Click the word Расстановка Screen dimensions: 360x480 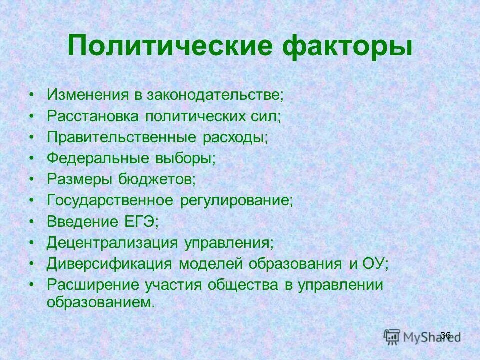[x=93, y=116]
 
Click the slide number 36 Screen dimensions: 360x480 [x=446, y=335]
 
